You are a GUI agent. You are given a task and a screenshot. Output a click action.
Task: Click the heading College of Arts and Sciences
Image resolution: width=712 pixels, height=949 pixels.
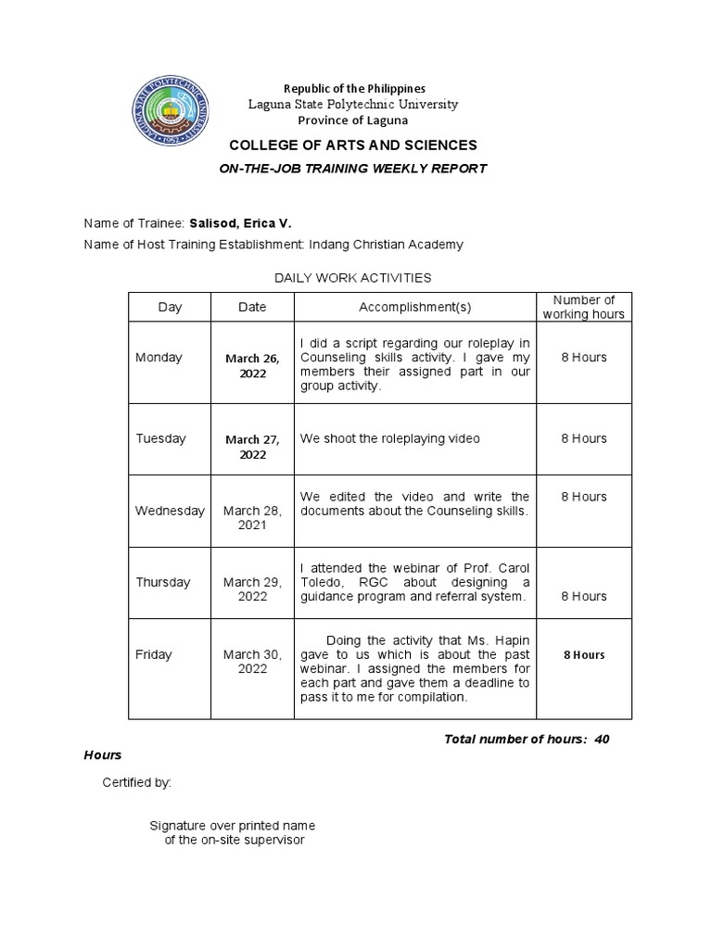[353, 146]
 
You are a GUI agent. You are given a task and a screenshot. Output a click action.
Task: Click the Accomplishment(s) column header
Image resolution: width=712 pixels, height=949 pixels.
[414, 307]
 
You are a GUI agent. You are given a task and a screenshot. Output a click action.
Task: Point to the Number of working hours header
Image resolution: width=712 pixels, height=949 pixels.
[583, 307]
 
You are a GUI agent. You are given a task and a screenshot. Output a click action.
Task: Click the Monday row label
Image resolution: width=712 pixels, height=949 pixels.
[159, 358]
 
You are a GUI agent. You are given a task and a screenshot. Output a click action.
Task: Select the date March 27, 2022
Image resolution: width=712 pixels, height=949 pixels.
[251, 447]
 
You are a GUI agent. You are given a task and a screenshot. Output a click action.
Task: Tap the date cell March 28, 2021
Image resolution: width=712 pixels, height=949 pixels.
[251, 517]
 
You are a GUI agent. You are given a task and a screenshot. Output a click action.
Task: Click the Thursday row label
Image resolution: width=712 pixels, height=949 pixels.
[162, 582]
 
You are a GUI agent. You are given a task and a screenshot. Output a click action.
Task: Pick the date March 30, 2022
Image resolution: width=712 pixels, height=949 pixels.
[251, 661]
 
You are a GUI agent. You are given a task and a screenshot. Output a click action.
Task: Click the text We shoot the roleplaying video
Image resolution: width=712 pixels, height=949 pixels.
[389, 438]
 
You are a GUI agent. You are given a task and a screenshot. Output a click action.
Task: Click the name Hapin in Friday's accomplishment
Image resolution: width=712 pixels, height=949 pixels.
[509, 640]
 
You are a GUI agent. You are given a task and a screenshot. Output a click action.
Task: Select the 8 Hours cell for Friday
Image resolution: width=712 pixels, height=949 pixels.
[583, 654]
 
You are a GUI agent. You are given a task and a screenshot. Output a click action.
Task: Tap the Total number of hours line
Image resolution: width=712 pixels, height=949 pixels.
[526, 739]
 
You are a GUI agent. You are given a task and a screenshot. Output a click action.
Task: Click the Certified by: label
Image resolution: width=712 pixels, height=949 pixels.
[136, 783]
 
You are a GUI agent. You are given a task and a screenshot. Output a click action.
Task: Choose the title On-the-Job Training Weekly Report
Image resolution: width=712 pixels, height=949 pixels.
[352, 169]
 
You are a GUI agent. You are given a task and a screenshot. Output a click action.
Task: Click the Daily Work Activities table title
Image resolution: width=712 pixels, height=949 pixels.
[352, 277]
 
